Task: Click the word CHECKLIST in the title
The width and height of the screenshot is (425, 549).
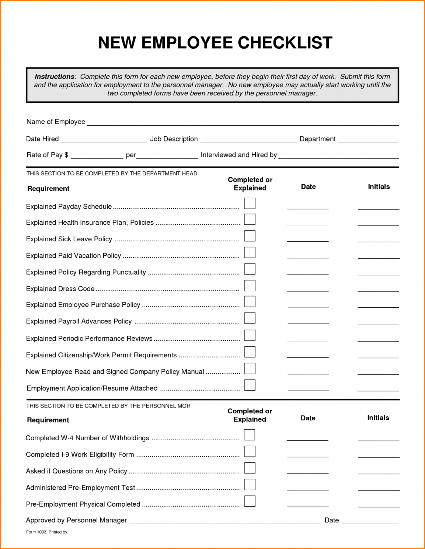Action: pos(285,43)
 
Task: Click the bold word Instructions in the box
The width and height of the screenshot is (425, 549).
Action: pos(55,77)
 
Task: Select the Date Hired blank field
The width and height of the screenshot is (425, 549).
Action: pos(103,140)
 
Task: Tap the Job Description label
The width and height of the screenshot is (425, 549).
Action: pos(174,139)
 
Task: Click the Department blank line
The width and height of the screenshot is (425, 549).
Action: pos(368,140)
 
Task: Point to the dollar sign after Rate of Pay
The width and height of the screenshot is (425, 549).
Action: pos(66,155)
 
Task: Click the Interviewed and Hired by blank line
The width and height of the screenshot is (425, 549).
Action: pos(338,157)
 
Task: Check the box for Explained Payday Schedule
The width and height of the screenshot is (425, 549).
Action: pos(250,203)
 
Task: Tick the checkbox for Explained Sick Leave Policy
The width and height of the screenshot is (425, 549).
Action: pos(250,236)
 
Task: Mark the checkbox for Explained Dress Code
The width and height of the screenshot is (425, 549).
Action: pos(250,286)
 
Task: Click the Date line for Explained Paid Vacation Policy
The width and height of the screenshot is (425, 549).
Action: pos(308,256)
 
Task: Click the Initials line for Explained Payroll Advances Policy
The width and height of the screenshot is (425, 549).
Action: pos(378,322)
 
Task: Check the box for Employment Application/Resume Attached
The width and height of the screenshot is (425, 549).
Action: pos(250,385)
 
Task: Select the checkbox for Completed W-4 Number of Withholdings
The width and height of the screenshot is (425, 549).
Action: pos(250,435)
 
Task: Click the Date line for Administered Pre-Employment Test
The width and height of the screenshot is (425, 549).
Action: pos(308,489)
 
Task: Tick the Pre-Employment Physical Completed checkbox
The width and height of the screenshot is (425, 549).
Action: pos(250,501)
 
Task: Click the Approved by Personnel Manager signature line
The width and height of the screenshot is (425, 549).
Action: pos(224,521)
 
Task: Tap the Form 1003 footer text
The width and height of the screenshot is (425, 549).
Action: pos(47,532)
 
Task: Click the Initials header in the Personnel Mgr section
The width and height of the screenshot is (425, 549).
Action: pos(378,418)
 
